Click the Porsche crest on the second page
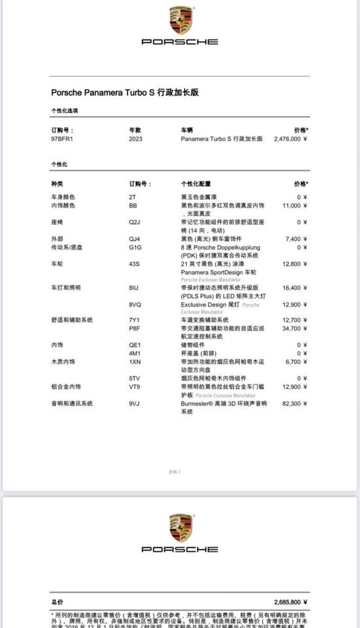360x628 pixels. [179, 528]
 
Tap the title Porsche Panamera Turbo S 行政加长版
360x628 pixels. [124, 93]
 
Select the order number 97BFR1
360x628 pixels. [62, 139]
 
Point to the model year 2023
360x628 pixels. [135, 139]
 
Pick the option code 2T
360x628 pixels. [132, 197]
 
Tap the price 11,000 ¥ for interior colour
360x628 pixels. [294, 206]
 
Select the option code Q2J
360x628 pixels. [134, 222]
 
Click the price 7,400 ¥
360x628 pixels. [295, 239]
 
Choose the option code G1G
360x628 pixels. [135, 248]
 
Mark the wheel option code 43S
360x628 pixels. [134, 264]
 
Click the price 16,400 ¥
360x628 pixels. [294, 288]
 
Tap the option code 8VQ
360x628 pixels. [135, 305]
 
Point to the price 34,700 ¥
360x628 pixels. [294, 328]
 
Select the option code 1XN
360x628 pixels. [134, 361]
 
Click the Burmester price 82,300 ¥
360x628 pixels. [294, 404]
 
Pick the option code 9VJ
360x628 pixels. [134, 404]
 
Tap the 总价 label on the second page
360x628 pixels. [58, 601]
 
